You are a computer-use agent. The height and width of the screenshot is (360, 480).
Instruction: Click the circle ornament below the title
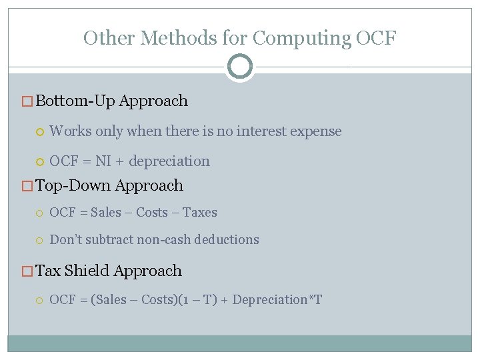239,67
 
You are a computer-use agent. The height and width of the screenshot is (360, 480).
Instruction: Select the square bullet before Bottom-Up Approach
27,101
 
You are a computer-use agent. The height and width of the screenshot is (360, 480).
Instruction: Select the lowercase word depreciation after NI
169,161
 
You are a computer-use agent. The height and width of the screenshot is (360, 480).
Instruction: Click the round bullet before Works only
41,132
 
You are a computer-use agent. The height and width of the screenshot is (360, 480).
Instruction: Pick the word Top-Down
73,185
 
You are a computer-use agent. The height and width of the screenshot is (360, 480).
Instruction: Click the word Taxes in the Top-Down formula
200,213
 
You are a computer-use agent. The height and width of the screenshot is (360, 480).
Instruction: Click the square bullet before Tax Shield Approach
27,271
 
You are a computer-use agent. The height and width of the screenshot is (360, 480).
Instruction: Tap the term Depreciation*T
277,299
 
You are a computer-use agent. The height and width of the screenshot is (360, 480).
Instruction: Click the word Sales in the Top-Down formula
107,213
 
